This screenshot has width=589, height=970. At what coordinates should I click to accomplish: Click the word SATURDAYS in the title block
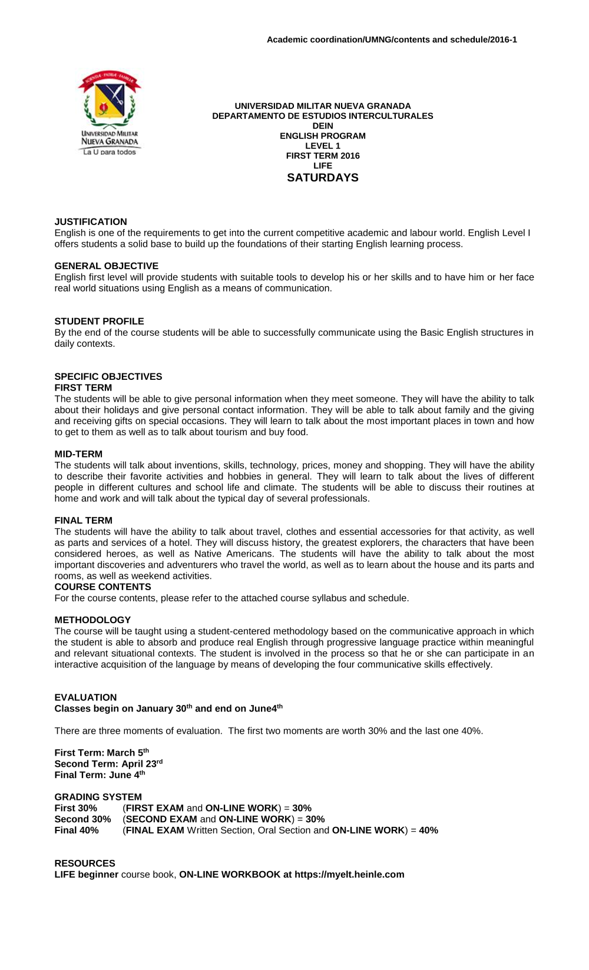322,178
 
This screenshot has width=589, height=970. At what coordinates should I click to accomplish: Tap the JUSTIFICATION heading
91,222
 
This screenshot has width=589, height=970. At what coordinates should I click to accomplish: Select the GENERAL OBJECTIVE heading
106,266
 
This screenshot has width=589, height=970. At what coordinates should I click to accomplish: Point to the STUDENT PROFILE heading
99,322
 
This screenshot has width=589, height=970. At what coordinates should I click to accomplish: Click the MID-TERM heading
78,454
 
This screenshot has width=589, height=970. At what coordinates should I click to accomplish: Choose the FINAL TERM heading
83,521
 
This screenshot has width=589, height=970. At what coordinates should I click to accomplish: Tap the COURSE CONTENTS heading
102,587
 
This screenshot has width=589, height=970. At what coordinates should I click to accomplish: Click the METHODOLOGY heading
92,620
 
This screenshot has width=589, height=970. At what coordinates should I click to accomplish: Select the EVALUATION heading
85,697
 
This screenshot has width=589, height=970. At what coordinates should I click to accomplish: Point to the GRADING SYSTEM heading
98,797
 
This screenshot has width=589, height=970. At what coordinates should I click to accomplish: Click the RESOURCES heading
85,863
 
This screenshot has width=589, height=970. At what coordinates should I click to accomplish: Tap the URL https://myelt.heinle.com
349,875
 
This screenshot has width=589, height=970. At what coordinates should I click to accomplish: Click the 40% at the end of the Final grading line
428,830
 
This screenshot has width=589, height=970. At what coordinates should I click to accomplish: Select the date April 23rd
142,764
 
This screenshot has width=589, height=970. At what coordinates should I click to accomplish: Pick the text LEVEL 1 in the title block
322,146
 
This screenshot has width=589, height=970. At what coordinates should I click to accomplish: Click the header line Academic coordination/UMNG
392,39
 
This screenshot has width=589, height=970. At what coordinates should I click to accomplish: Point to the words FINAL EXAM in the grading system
155,830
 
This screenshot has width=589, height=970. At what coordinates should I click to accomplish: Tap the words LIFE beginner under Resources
87,875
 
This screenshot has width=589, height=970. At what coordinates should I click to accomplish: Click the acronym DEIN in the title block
322,126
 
